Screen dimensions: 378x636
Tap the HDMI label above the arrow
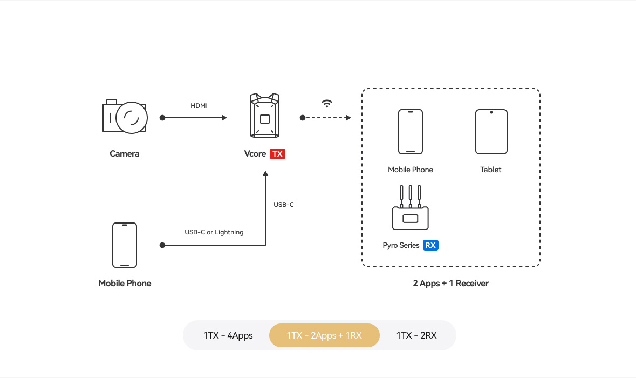coord(199,105)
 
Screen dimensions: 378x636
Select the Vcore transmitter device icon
coord(264,116)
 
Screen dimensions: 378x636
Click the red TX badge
coord(277,154)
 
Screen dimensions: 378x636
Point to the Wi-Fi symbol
coord(327,103)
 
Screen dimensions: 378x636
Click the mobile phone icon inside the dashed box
coord(410,132)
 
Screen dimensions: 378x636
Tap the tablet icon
coord(491,132)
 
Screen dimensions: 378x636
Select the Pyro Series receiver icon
coord(410,210)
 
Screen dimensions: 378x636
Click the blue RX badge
coord(430,245)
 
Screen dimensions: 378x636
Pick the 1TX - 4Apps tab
coord(228,335)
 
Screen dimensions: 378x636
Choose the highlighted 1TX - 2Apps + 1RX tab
coord(324,335)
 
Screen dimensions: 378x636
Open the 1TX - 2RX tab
coord(416,335)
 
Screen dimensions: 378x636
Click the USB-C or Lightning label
coord(214,232)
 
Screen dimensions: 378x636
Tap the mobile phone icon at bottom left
coord(125,245)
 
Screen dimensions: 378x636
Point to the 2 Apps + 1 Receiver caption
coord(451,283)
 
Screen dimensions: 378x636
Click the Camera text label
coord(125,154)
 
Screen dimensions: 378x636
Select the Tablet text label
coord(491,170)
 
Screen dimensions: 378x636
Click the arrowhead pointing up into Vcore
coord(265,174)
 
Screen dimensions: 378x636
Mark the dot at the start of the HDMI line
coord(162,118)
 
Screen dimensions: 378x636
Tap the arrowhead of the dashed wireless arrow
coord(348,118)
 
